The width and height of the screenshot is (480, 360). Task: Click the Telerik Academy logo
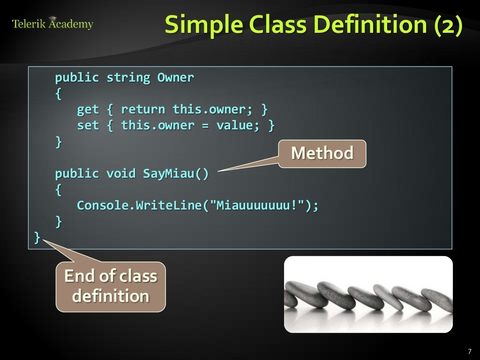pyautogui.click(x=52, y=23)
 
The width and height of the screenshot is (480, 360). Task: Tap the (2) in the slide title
pyautogui.click(x=448, y=24)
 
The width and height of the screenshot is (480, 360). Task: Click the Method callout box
pyautogui.click(x=322, y=153)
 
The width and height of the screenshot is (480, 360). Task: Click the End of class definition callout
pyautogui.click(x=111, y=286)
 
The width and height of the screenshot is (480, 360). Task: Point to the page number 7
pyautogui.click(x=469, y=352)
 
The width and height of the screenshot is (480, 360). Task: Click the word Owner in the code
pyautogui.click(x=175, y=77)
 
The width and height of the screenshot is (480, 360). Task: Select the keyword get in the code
pyautogui.click(x=88, y=109)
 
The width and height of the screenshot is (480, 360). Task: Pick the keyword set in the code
pyautogui.click(x=88, y=125)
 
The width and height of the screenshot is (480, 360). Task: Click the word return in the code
pyautogui.click(x=143, y=109)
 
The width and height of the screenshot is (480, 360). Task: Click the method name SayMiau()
pyautogui.click(x=176, y=173)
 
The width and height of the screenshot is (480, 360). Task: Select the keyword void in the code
pyautogui.click(x=121, y=173)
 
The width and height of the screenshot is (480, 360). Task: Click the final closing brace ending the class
pyautogui.click(x=37, y=237)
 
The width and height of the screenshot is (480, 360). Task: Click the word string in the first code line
pyautogui.click(x=128, y=77)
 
